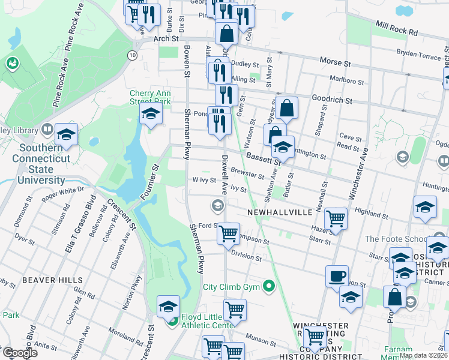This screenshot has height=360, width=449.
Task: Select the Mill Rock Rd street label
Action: click(397, 28)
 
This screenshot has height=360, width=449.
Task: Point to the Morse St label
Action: click(335, 62)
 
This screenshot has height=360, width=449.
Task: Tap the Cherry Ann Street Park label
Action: click(150, 97)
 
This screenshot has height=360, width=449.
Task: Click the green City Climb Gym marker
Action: click(269, 286)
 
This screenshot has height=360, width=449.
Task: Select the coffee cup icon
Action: click(337, 276)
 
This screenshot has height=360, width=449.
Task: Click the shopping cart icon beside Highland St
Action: click(336, 218)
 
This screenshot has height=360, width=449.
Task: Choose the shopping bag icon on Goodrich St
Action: click(288, 109)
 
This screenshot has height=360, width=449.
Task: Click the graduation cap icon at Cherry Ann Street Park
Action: click(151, 114)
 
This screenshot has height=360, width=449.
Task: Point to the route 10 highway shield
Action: click(131, 55)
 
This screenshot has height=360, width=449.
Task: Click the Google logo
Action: click(19, 353)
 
